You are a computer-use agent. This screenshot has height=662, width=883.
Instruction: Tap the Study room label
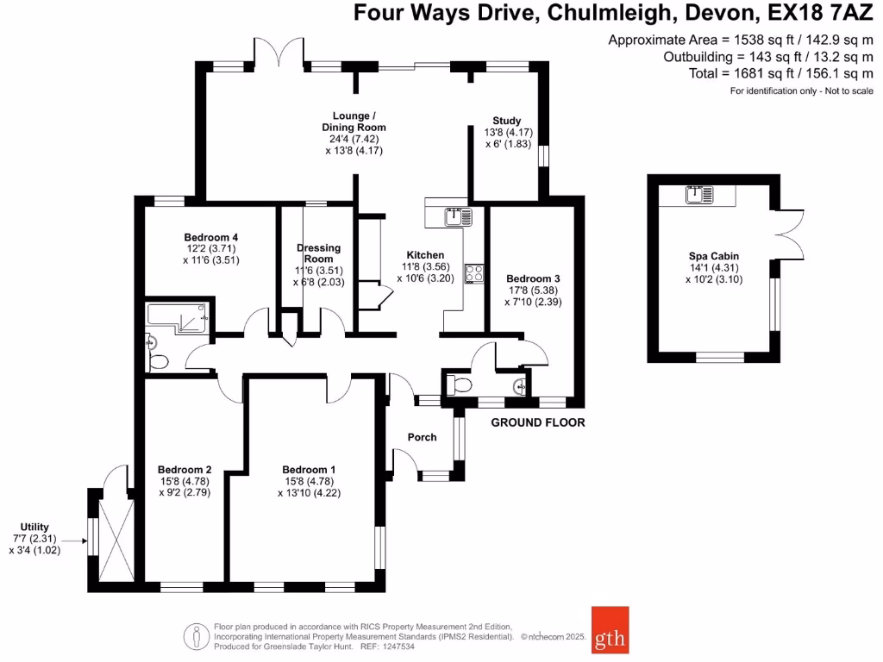(506, 121)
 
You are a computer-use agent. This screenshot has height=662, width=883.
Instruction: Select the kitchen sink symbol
(454, 215)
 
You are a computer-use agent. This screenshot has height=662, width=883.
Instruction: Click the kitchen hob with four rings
(473, 273)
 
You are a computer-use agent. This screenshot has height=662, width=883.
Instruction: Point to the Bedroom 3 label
(533, 279)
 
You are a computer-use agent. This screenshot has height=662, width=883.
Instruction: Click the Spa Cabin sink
(696, 195)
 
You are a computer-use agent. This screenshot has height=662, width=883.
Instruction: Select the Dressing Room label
(319, 253)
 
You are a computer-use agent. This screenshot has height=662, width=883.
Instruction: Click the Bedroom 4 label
(211, 238)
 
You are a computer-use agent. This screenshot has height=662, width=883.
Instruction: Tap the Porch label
(423, 437)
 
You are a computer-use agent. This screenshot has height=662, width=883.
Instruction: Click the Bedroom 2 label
(185, 470)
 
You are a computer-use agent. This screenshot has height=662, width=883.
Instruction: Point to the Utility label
(35, 527)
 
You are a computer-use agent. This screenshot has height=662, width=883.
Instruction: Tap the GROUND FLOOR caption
(538, 422)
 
